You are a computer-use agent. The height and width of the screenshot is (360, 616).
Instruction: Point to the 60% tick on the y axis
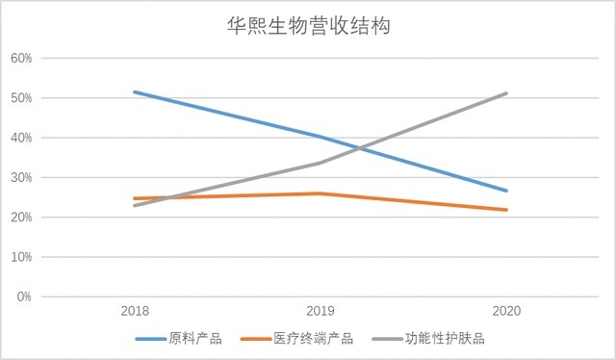(x=22, y=58)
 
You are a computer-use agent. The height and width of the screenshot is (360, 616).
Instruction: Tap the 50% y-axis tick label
(x=22, y=98)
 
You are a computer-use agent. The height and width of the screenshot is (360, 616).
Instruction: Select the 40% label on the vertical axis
(x=22, y=138)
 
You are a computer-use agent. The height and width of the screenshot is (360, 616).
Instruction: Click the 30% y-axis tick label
(x=22, y=178)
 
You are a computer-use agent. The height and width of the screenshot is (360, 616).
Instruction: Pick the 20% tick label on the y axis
(x=22, y=218)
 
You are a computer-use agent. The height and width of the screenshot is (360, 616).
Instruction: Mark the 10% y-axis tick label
(x=22, y=257)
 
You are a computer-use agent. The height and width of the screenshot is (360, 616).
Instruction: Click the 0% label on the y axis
(x=25, y=297)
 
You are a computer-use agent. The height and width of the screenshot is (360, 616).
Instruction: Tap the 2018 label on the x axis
(x=135, y=311)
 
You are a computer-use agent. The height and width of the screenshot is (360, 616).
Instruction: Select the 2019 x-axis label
(x=321, y=311)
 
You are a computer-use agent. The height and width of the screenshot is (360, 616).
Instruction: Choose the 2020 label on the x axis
(x=506, y=311)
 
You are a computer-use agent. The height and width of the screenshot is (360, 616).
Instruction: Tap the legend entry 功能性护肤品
(x=444, y=338)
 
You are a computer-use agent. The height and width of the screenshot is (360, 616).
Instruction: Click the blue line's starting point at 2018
(x=135, y=92)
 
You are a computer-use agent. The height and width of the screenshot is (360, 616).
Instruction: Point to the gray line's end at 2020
(x=506, y=93)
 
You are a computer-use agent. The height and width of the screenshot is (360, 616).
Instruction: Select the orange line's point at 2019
(x=321, y=193)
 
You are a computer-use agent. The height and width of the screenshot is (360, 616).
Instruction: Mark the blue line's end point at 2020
(x=506, y=191)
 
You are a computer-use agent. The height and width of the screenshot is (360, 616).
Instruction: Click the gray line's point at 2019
(x=321, y=163)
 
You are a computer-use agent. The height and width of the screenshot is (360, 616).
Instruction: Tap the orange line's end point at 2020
(x=506, y=210)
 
